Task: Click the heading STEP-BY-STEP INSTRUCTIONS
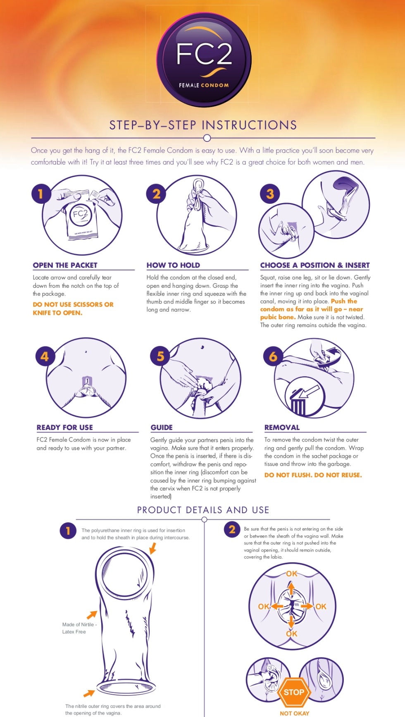203,125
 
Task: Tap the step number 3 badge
270,194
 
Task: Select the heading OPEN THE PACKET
65,265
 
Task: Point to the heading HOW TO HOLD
173,265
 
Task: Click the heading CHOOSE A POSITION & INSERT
315,265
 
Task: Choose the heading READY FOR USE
65,428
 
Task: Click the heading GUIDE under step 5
162,428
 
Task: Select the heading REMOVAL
282,428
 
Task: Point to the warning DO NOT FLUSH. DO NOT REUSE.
313,475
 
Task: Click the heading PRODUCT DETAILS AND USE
203,510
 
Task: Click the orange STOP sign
294,692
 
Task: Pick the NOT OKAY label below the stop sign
294,713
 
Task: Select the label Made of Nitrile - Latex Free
79,628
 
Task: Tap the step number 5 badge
160,356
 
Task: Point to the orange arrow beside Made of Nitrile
92,614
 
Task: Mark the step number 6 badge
273,356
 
